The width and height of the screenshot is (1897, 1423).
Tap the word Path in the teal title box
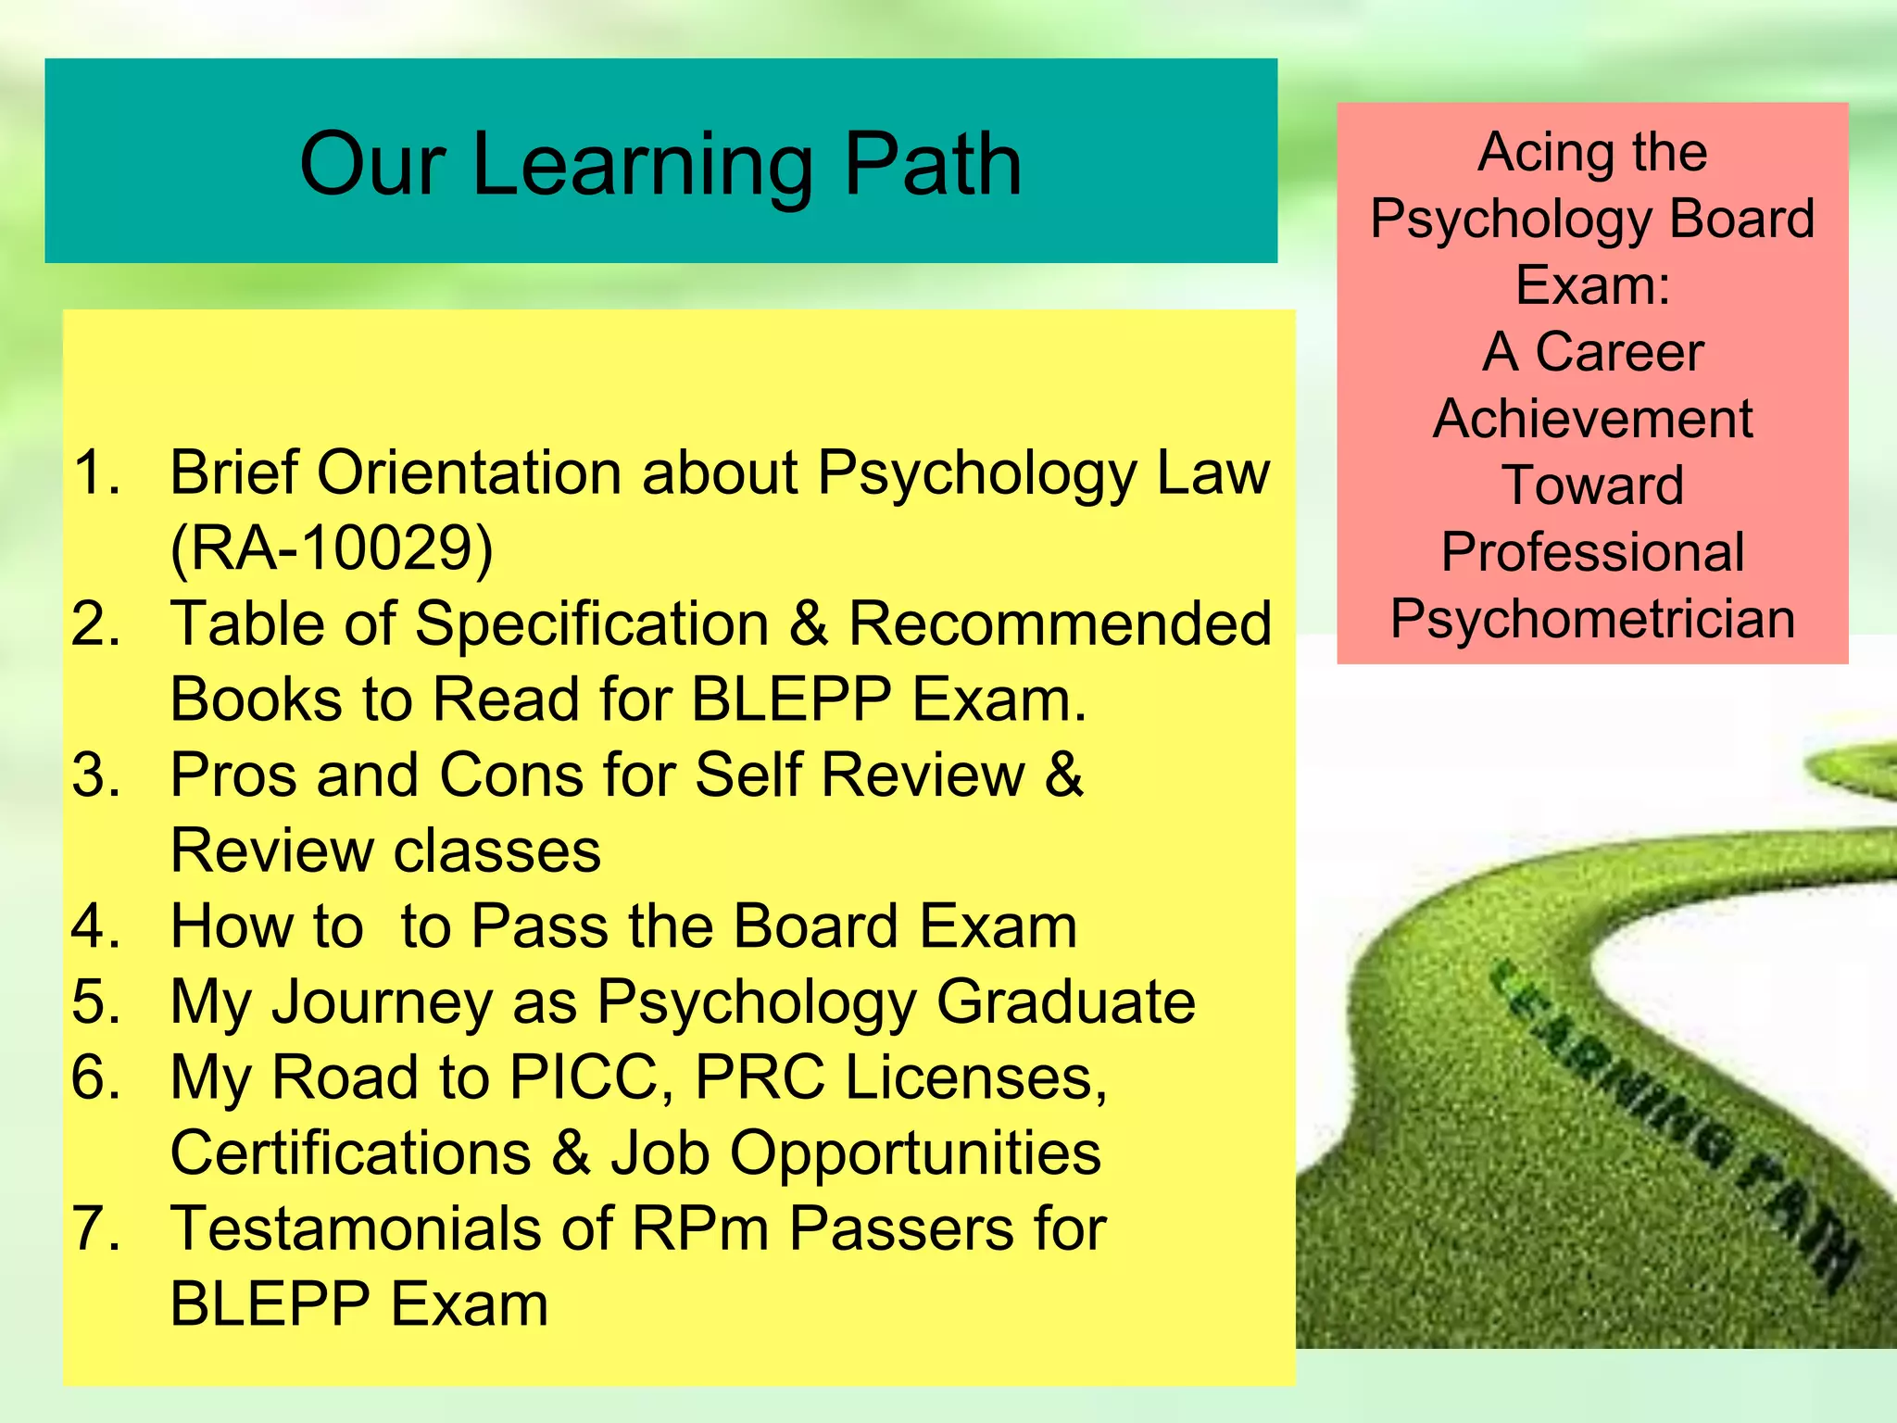[x=932, y=165]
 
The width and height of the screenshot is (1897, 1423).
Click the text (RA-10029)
[x=331, y=548]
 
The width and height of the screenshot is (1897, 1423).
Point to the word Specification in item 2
[x=591, y=624]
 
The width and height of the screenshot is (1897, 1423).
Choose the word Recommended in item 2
[x=1060, y=623]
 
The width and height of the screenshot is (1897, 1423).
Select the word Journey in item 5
[x=382, y=1003]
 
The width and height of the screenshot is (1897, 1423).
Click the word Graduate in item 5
[x=1065, y=1001]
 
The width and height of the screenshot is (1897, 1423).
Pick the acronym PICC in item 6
[x=592, y=1077]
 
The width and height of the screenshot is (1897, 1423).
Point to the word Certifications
[x=351, y=1153]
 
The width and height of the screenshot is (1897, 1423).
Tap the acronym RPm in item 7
[x=700, y=1228]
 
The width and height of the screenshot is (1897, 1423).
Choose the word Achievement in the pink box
[x=1592, y=419]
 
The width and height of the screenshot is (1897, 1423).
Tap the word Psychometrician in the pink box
[x=1592, y=619]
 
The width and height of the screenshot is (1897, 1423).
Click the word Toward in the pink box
[x=1592, y=485]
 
